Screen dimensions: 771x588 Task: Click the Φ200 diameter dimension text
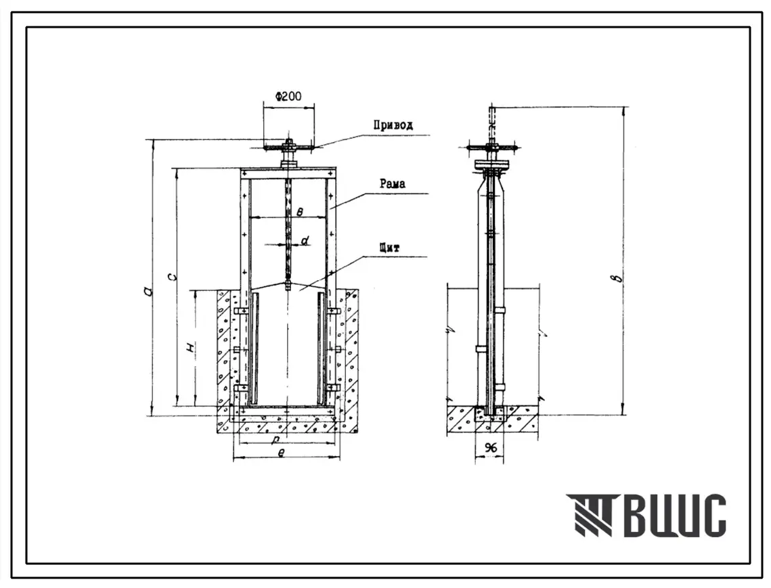click(x=288, y=96)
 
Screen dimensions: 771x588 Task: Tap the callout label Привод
click(x=393, y=125)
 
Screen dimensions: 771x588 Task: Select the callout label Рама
click(x=393, y=184)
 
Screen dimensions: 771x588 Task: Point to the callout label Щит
click(x=389, y=247)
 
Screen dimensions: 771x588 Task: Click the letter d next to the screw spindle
click(x=305, y=240)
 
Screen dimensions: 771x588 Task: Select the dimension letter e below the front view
click(x=280, y=453)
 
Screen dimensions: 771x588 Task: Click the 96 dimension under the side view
click(x=490, y=448)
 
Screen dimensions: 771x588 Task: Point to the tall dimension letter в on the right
click(x=619, y=278)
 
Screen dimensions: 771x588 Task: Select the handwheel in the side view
click(x=491, y=147)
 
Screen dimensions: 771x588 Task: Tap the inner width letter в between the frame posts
click(x=300, y=212)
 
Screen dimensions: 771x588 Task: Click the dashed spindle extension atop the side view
click(x=491, y=123)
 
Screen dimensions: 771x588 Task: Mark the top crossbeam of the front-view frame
click(x=288, y=175)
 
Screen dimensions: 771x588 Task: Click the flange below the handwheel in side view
click(x=491, y=164)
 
